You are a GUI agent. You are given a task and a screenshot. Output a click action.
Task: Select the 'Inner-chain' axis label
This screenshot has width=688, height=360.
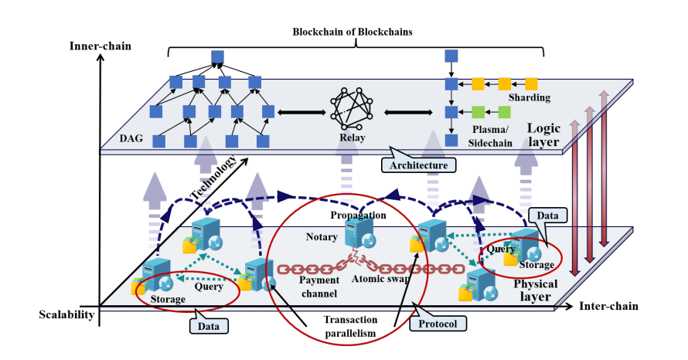tap(101, 46)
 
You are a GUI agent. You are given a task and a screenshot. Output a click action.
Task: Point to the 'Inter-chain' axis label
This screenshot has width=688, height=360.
tap(608, 307)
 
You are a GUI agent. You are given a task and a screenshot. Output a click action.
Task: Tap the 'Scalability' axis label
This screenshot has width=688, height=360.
tap(66, 314)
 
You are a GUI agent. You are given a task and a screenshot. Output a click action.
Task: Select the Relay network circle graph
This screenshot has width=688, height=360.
tap(353, 110)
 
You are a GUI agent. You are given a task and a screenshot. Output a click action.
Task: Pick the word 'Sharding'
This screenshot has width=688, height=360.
tap(530, 98)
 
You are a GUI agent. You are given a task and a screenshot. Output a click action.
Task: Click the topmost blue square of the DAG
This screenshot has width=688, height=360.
tap(217, 56)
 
